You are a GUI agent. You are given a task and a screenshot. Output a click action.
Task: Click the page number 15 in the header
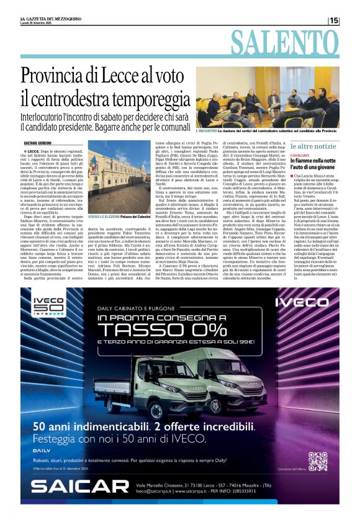334,20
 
